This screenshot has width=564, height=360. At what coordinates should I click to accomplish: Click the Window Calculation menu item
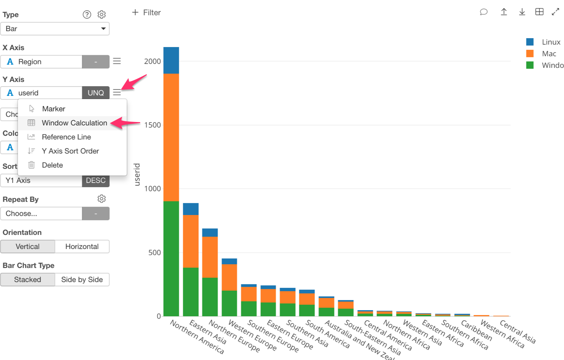[x=74, y=123]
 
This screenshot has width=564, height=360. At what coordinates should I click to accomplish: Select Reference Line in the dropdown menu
[x=66, y=137]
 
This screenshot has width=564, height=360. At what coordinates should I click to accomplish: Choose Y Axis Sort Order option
[x=70, y=151]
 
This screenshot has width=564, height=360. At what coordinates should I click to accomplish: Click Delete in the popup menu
[x=52, y=165]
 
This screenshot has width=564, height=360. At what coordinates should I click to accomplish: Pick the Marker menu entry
[x=53, y=109]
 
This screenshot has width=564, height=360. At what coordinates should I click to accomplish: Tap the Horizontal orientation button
[x=82, y=246]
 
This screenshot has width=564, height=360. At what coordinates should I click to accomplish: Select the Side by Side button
[x=82, y=279]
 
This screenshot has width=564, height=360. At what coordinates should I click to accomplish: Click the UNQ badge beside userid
[x=96, y=93]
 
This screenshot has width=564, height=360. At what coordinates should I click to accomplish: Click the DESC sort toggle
[x=96, y=180]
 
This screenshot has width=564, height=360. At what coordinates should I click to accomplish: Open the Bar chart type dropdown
[x=55, y=29]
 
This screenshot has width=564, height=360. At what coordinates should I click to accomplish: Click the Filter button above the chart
[x=146, y=13]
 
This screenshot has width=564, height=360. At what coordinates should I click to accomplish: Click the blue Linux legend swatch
[x=530, y=42]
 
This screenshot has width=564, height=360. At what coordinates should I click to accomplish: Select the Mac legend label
[x=549, y=54]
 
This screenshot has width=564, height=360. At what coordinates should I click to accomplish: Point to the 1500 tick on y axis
[x=152, y=125]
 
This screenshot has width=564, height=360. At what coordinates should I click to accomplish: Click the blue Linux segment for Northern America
[x=171, y=60]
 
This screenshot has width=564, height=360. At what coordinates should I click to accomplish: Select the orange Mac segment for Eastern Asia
[x=191, y=241]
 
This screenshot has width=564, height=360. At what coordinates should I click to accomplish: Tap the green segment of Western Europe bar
[x=229, y=303]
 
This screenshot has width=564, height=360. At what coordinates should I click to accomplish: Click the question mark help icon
[x=87, y=14]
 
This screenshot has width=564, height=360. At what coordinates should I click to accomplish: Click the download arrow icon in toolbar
[x=522, y=12]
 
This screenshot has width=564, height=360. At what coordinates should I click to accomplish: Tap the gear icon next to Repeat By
[x=102, y=199]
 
